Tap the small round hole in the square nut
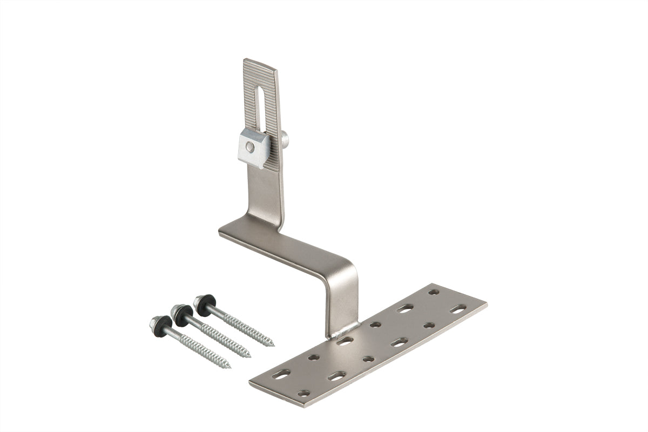click(248, 146)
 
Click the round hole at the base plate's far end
click(434, 292)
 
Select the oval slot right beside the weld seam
click(345, 341)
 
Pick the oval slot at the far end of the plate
click(458, 309)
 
